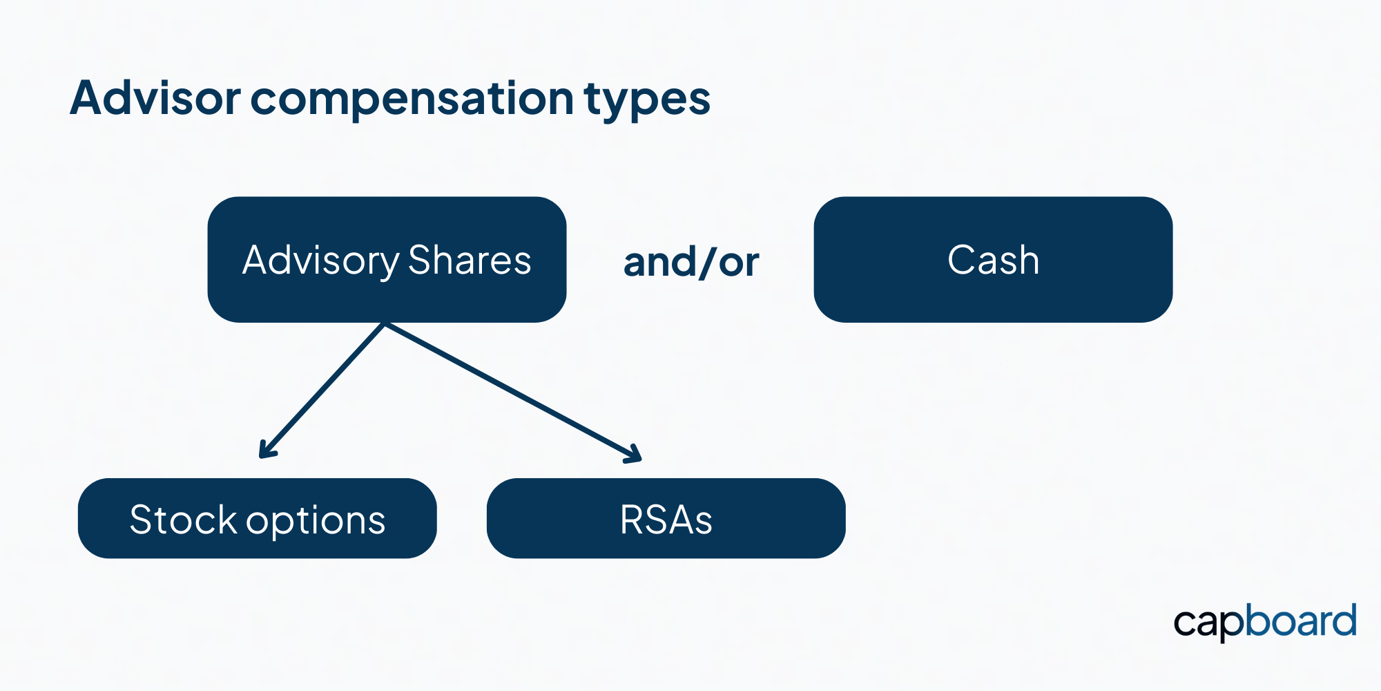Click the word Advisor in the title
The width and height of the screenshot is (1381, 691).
point(155,97)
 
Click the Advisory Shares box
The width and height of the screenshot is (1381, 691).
point(387,260)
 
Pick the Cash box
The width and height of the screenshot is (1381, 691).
point(993,260)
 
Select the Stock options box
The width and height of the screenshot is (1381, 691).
point(257,518)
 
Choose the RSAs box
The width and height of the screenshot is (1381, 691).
point(666,518)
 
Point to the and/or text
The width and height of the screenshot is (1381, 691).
point(690,263)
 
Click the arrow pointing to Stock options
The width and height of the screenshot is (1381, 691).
point(322,390)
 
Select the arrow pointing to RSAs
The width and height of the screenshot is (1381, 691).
point(513,392)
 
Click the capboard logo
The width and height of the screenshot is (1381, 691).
point(1265,622)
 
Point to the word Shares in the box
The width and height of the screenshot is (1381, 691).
point(470,261)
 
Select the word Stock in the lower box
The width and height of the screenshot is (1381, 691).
point(183,520)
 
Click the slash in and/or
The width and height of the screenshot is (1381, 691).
point(708,263)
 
